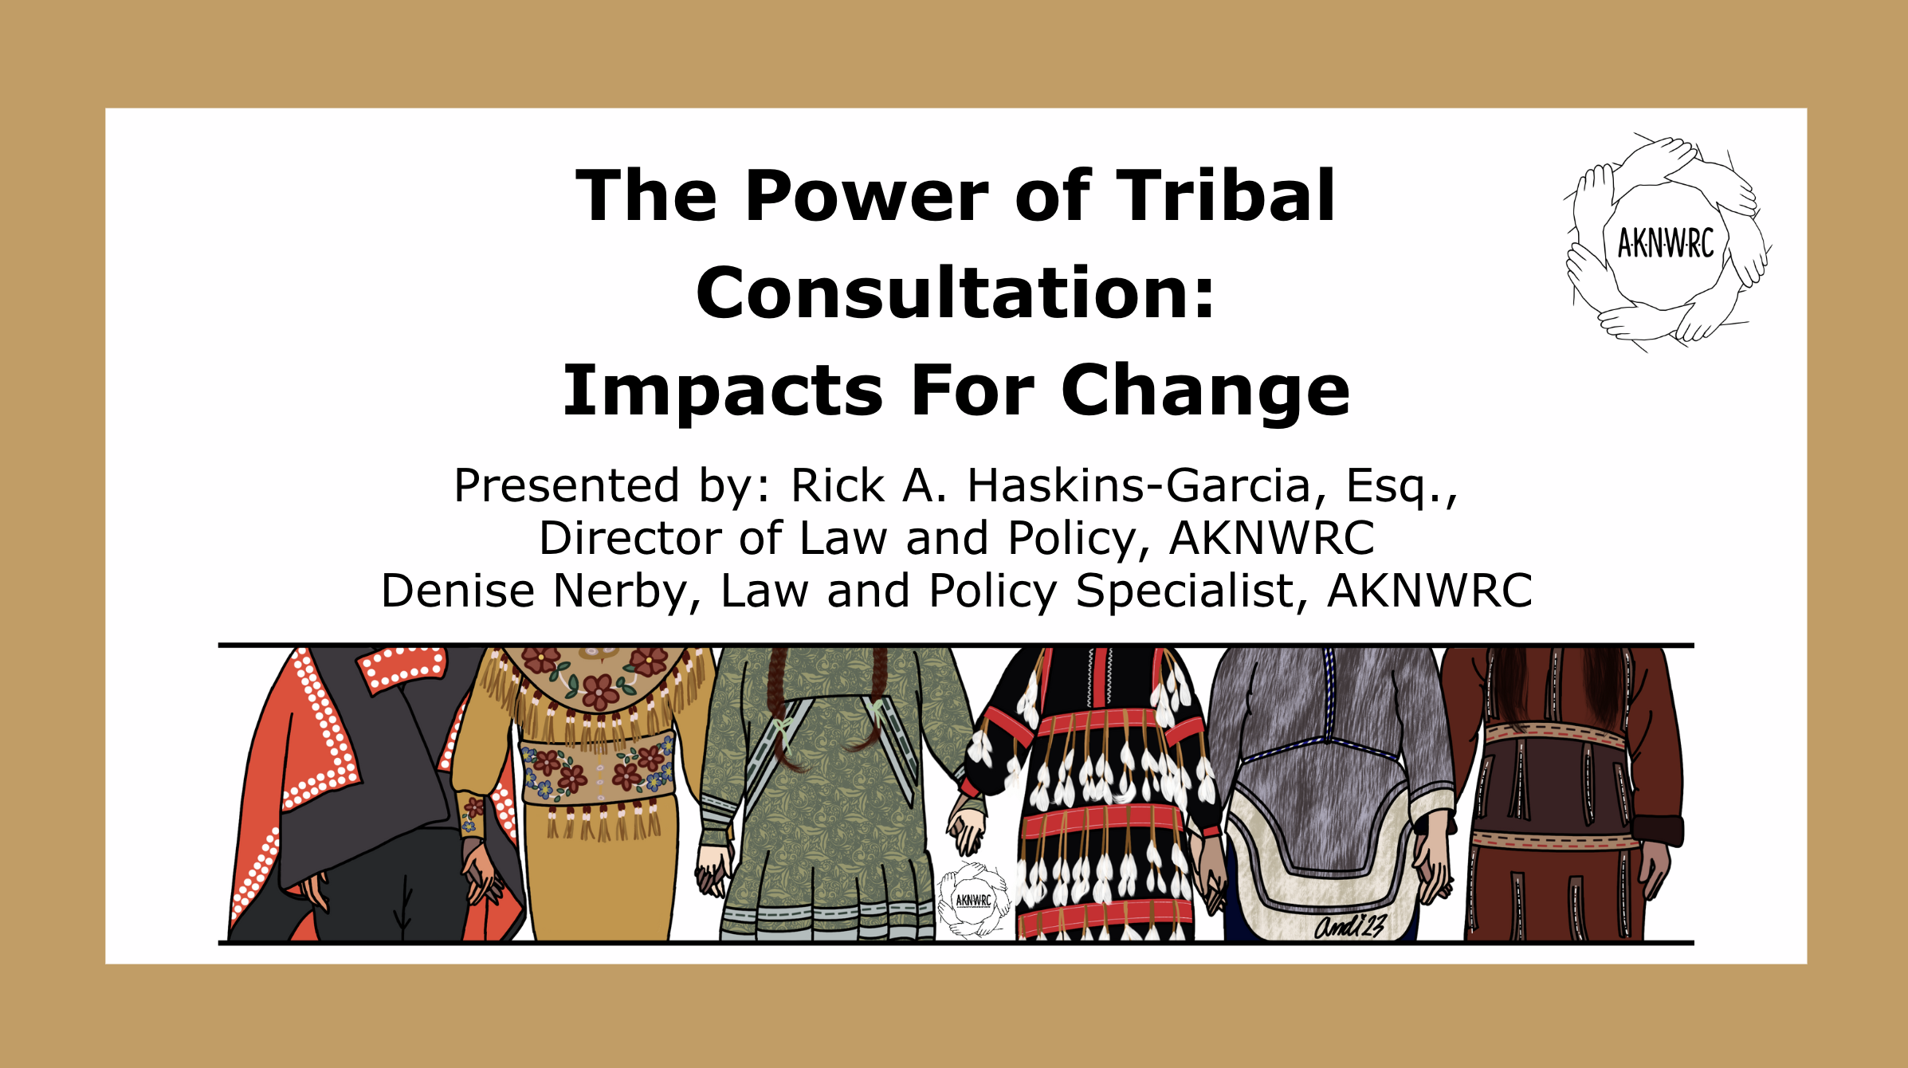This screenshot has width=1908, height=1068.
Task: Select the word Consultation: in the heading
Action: [x=955, y=293]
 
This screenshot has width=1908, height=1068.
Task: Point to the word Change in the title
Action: [x=1206, y=391]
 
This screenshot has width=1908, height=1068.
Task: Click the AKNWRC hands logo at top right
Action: [x=1666, y=241]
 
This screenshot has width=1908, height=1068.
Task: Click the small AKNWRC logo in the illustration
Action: [x=973, y=900]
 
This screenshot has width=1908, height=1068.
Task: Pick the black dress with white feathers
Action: [x=1096, y=794]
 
